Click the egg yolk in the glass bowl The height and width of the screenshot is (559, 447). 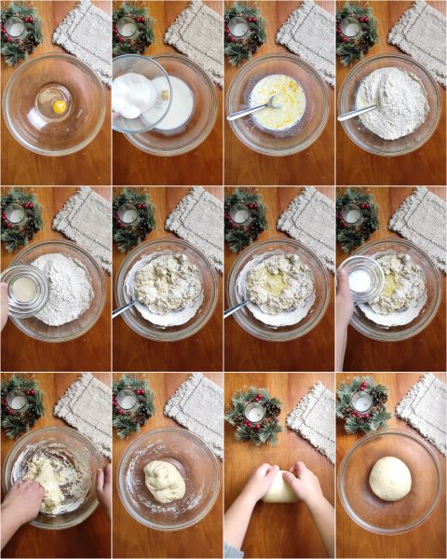pos(59,106)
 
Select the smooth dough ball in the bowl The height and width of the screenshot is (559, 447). pos(390,478)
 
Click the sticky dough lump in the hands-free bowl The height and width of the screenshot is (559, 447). pos(167,482)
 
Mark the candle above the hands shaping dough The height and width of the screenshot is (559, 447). pos(255,413)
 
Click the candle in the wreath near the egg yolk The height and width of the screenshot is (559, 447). pos(16,29)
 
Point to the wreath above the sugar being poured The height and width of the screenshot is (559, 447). pos(131,27)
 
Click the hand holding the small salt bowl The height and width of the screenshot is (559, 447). pos(344,307)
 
